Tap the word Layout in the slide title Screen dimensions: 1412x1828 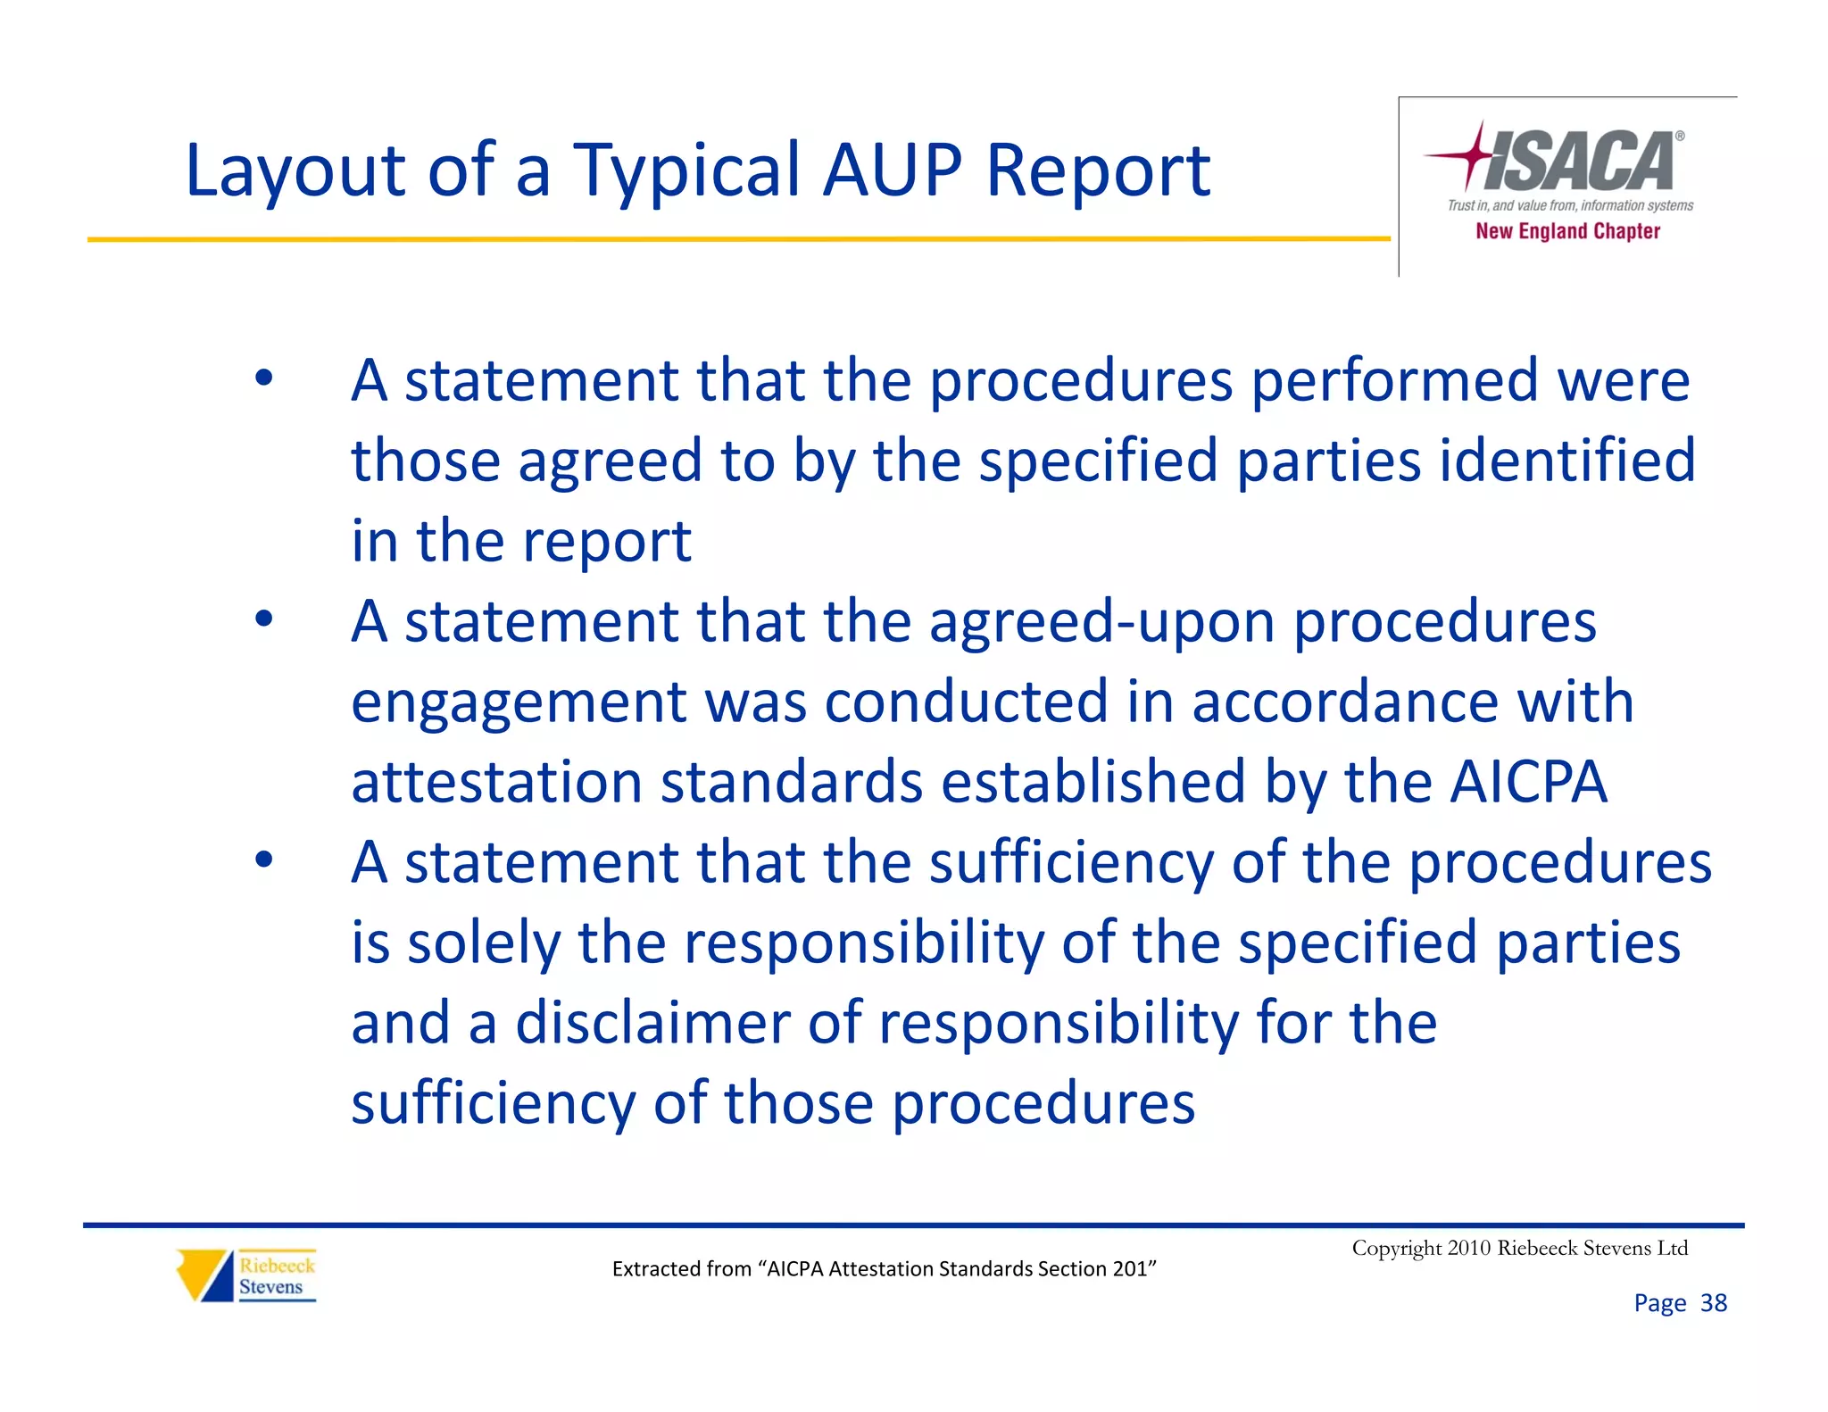(295, 171)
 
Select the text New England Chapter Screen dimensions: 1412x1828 (1567, 231)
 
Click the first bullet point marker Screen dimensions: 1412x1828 (263, 378)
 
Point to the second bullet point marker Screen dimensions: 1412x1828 (263, 619)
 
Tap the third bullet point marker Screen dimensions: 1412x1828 (263, 860)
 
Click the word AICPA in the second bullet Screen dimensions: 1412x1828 (1527, 782)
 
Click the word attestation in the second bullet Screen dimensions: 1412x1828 (496, 782)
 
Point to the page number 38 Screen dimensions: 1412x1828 (1713, 1303)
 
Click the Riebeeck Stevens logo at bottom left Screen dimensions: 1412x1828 (246, 1275)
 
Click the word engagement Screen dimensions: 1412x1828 (519, 702)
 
